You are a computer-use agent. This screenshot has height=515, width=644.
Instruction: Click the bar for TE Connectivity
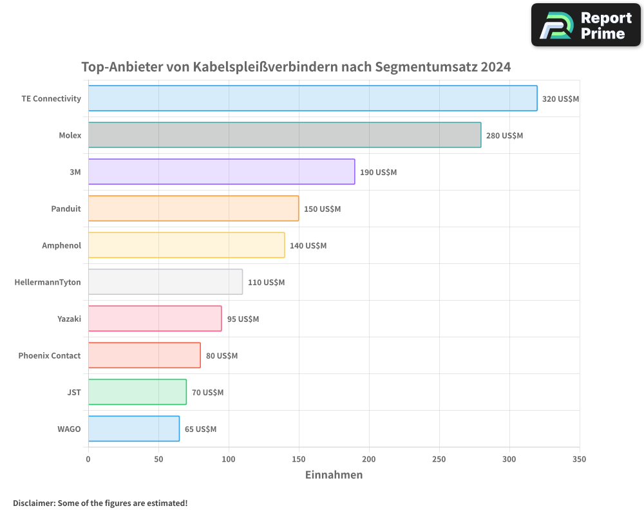(x=312, y=98)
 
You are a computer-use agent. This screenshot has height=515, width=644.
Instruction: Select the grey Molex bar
(x=284, y=135)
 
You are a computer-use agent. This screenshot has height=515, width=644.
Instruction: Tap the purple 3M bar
(x=221, y=172)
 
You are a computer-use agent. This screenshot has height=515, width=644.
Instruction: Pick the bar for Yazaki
(x=155, y=319)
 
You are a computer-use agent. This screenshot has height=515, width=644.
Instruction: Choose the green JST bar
(x=137, y=392)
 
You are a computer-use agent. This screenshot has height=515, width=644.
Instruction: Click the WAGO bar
(x=133, y=429)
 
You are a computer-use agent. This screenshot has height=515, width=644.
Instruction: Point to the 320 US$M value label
(x=560, y=99)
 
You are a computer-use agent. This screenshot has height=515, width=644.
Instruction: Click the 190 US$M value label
(x=378, y=173)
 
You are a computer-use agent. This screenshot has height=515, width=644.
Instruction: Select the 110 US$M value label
(x=266, y=283)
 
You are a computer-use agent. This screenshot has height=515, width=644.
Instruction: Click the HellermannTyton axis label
(x=48, y=282)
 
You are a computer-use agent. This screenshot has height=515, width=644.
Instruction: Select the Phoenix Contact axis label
(x=50, y=355)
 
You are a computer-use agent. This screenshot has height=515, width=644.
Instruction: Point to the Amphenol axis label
(x=61, y=245)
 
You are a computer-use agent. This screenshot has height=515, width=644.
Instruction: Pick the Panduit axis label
(x=66, y=209)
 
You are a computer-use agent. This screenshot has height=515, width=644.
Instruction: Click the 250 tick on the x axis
(x=439, y=459)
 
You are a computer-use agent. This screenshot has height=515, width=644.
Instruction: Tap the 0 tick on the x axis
(x=88, y=459)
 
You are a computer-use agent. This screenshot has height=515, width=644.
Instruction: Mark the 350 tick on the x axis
(x=580, y=459)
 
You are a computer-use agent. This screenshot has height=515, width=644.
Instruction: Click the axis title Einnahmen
(x=334, y=475)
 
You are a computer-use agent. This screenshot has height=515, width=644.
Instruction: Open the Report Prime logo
(x=585, y=25)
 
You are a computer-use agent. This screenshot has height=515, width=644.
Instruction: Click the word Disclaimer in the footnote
(x=33, y=503)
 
